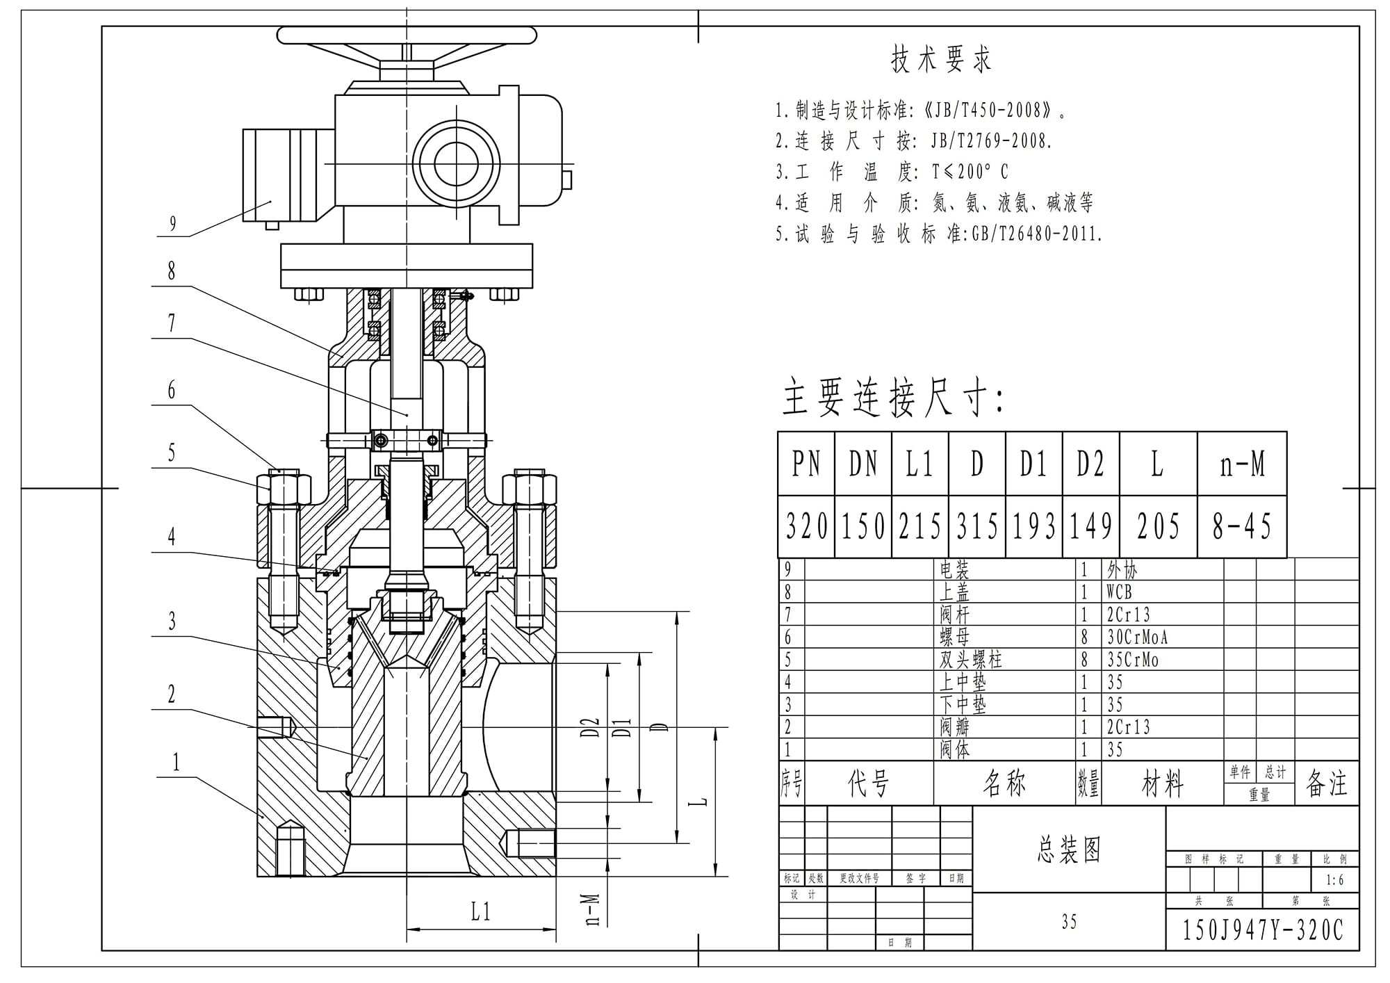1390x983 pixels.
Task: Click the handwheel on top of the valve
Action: click(407, 35)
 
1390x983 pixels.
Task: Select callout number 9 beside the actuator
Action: click(173, 224)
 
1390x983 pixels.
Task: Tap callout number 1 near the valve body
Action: click(176, 763)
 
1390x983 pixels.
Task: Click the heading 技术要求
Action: click(941, 60)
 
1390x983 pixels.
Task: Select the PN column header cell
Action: click(806, 464)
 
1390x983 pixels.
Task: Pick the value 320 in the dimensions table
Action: click(806, 526)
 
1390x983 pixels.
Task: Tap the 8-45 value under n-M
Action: click(1241, 526)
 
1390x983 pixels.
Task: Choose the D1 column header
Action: click(1033, 464)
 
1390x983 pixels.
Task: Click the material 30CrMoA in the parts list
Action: click(1137, 637)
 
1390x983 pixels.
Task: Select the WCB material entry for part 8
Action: click(1119, 592)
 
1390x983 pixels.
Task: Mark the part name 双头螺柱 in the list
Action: click(971, 659)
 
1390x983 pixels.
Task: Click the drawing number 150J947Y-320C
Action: click(1262, 930)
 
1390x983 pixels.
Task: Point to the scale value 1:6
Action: click(1334, 880)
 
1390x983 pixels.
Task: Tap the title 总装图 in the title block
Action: click(1069, 850)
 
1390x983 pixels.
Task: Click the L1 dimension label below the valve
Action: click(481, 911)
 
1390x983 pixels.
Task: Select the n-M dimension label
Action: click(592, 910)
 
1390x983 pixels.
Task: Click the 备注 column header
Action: click(1327, 783)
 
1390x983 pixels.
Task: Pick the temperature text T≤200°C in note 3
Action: click(970, 172)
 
